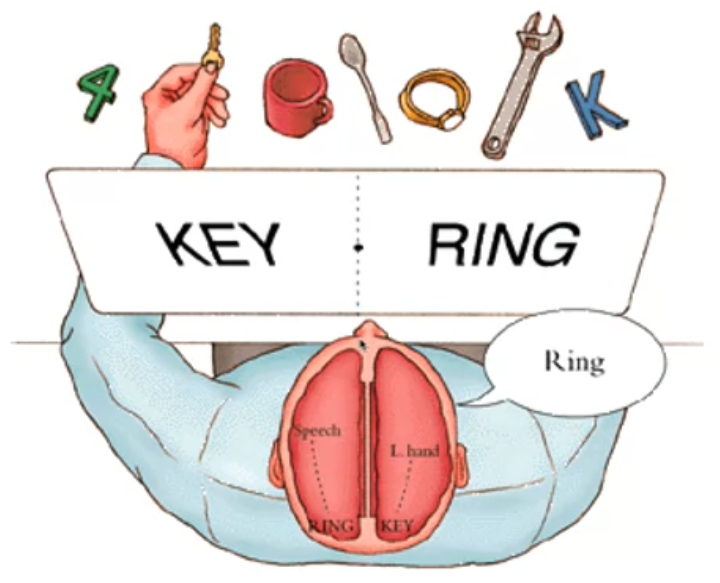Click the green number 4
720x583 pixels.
coord(99,93)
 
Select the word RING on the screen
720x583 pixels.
coord(504,244)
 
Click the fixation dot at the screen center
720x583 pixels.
coord(359,248)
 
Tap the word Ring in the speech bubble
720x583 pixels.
coord(574,362)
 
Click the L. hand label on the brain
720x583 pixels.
coord(415,450)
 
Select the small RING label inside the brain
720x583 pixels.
coord(330,525)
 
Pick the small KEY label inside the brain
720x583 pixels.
coord(396,525)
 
